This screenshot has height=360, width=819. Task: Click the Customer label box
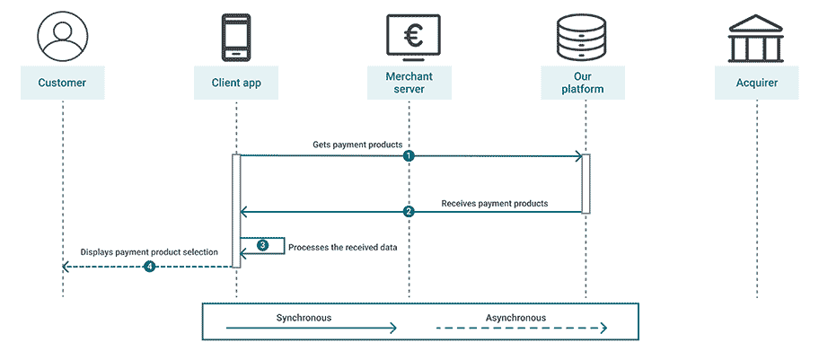[x=62, y=83]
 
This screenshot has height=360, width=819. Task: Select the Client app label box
[x=236, y=83]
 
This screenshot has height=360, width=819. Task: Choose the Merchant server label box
[x=409, y=83]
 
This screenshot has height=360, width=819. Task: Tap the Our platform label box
[x=583, y=83]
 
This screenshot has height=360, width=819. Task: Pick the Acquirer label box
[x=757, y=83]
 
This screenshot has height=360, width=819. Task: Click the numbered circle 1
[x=409, y=156]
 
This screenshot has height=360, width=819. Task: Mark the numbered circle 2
[x=409, y=213]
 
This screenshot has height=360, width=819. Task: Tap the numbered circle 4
[x=149, y=267]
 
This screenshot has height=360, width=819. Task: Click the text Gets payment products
[x=357, y=144]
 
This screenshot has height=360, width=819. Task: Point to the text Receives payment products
[x=494, y=204]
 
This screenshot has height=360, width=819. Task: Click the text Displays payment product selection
[x=149, y=252]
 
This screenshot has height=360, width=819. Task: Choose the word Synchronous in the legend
[x=304, y=318]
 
